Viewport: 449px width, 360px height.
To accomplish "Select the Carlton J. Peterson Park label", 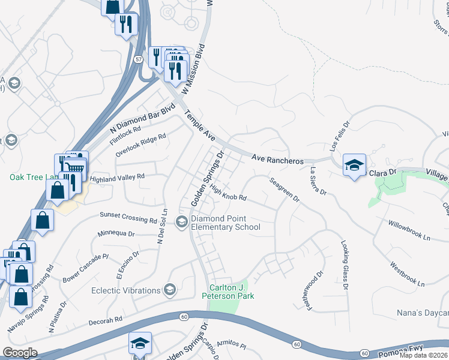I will [x=232, y=292].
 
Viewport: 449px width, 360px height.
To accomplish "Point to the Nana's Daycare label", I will [x=423, y=313].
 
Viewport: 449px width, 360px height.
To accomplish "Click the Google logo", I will [x=20, y=353].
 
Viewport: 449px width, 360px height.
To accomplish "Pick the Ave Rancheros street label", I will [x=277, y=160].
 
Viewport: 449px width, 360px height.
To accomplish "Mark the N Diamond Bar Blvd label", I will [x=142, y=119].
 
